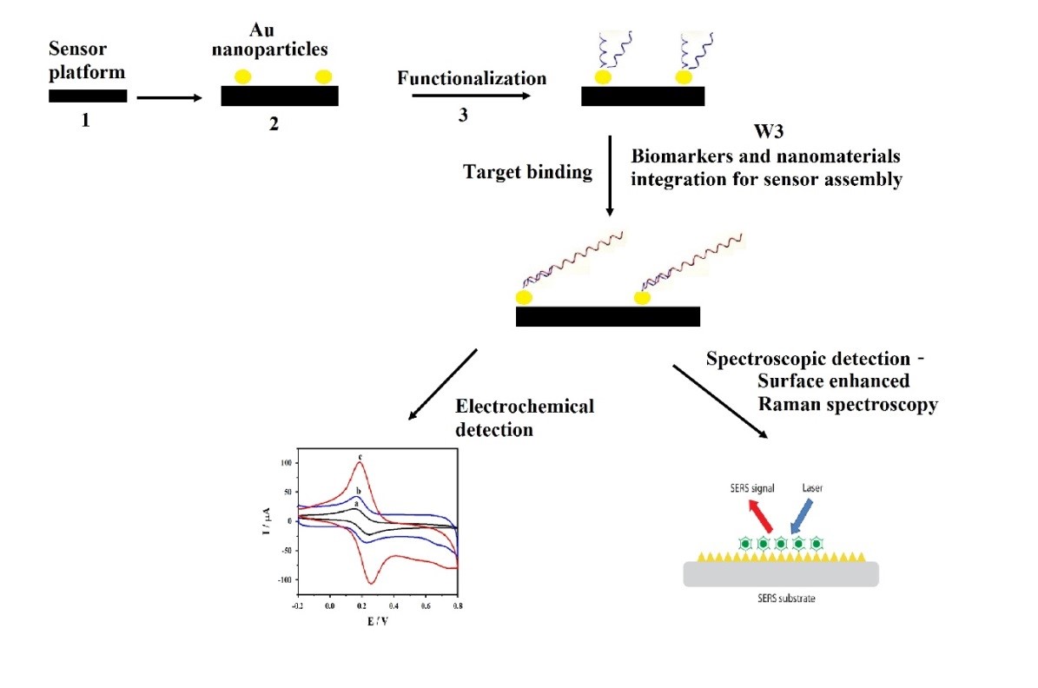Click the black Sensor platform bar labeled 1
pyautogui.click(x=87, y=96)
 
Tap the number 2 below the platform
pyautogui.click(x=274, y=124)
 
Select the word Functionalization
pyautogui.click(x=472, y=78)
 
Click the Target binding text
pyautogui.click(x=529, y=172)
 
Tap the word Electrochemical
pyautogui.click(x=525, y=407)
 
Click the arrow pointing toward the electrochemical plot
pyautogui.click(x=444, y=382)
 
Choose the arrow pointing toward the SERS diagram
pyautogui.click(x=720, y=400)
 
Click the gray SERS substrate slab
pyautogui.click(x=779, y=573)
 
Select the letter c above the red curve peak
pyautogui.click(x=360, y=455)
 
